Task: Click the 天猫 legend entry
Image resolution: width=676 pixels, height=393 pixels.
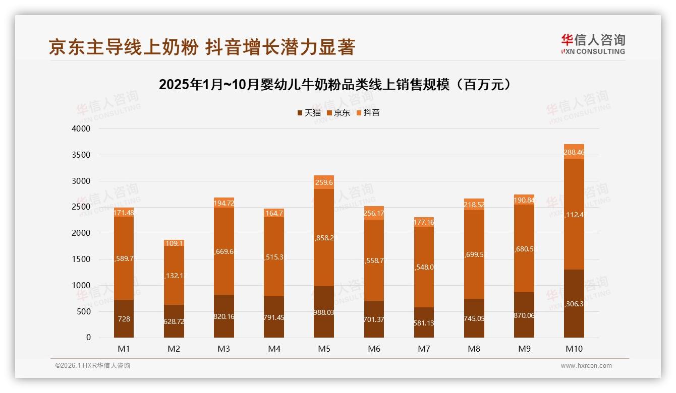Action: coord(309,113)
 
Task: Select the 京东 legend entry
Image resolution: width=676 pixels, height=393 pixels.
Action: coord(339,113)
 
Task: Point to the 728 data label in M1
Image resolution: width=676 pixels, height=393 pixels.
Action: coord(124,319)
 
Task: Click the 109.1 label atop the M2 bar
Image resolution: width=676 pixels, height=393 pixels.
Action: coord(174,243)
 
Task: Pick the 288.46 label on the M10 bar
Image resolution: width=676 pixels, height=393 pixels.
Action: coord(574,152)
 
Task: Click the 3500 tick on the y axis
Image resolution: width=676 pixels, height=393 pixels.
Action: coord(81,155)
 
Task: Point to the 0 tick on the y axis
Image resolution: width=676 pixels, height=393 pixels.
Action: coord(88,338)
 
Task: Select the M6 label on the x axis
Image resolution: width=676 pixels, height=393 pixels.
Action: coord(374,349)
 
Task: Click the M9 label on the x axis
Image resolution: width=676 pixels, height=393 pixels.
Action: coord(524,349)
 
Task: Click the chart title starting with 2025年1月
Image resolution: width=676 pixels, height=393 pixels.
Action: coord(337,85)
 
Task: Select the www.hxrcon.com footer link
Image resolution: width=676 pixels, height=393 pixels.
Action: coord(586,366)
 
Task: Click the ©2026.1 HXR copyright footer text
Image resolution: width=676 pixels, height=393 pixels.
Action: coord(93,366)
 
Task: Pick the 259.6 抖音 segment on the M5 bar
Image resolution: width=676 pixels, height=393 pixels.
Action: coord(324,182)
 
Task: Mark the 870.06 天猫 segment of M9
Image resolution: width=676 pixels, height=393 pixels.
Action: coord(524,315)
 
